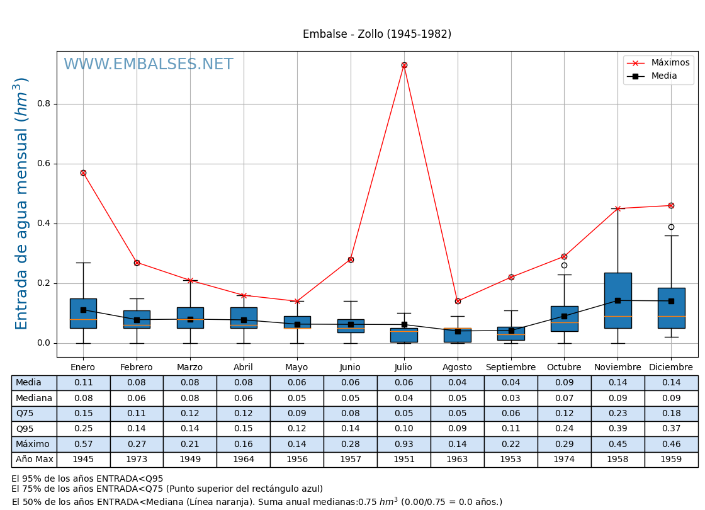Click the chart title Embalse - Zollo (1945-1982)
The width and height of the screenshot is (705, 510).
[376, 35]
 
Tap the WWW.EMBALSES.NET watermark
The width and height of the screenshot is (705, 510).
[149, 65]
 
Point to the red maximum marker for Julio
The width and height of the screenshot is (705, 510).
[404, 65]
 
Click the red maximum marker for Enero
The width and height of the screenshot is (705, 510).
[83, 173]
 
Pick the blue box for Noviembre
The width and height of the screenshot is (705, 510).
[618, 300]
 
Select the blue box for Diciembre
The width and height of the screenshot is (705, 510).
[671, 308]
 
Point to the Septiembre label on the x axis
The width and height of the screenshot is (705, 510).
[510, 368]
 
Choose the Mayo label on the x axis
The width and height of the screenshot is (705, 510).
[296, 368]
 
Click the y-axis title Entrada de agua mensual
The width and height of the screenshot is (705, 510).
[22, 203]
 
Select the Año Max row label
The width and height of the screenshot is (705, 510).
[34, 460]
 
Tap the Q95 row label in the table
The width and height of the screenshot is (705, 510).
[25, 429]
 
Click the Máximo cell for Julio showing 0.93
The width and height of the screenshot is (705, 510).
[403, 445]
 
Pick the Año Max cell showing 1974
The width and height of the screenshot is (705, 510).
[564, 460]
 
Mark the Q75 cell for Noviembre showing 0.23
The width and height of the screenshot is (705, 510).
[618, 414]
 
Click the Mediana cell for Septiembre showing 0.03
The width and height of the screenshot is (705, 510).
[510, 399]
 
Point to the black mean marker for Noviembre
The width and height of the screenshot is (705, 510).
[618, 300]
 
